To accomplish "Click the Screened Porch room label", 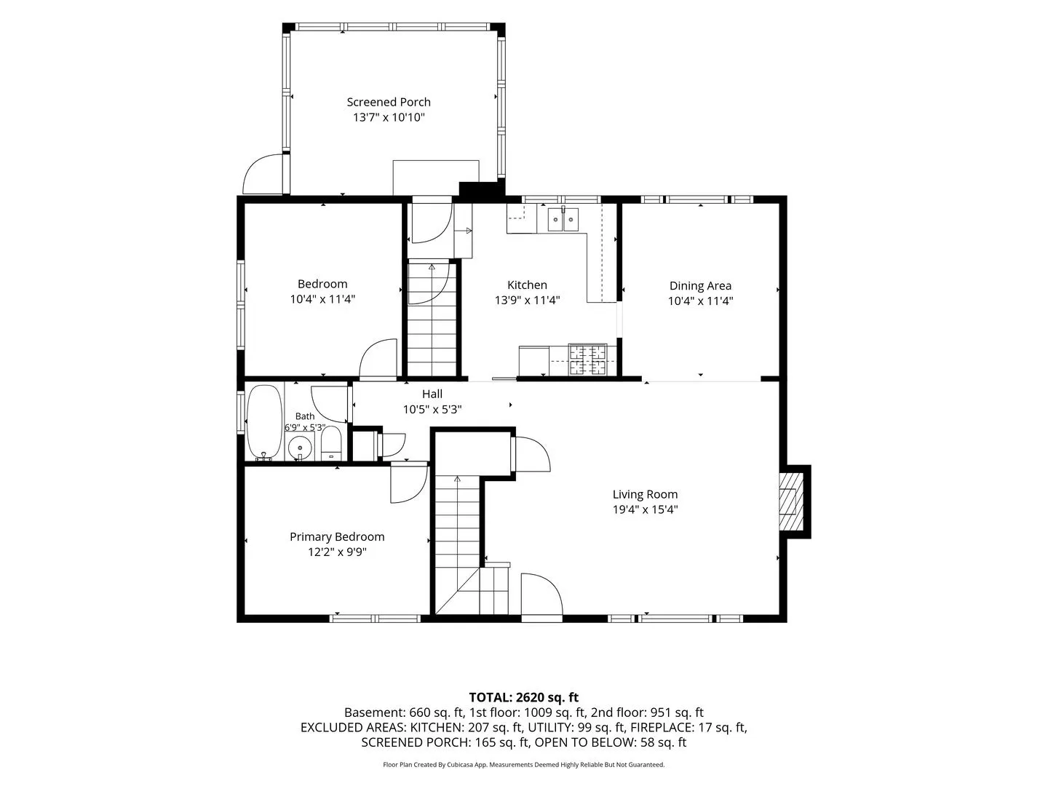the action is point(388,102).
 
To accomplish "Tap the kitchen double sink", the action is point(563,220).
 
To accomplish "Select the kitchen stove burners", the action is point(588,360).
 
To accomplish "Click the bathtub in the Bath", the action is point(264,423).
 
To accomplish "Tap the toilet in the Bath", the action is point(331,443).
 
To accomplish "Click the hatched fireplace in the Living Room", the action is point(790,501).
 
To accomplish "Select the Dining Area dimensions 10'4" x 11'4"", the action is point(700,301).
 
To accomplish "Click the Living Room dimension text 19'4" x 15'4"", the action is point(645,509).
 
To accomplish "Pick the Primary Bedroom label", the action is point(337,537).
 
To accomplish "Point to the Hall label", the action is point(432,394).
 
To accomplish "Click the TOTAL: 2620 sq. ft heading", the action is point(524,698).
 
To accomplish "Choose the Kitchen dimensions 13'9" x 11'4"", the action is point(527,300).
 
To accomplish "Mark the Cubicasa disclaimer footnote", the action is point(524,764).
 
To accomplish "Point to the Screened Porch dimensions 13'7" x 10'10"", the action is point(389,117).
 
